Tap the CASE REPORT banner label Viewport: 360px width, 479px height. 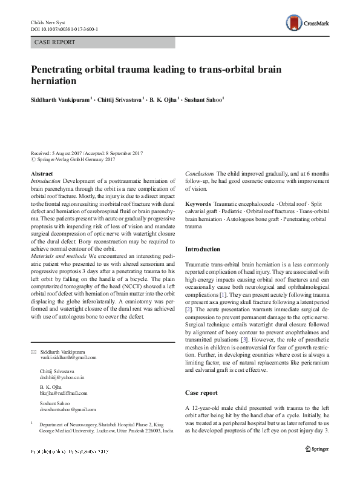(56, 42)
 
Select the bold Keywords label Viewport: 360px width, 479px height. (197, 203)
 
